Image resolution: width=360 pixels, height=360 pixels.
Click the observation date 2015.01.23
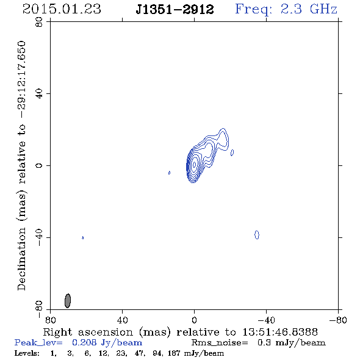[62, 9]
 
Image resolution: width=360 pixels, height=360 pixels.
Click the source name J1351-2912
[175, 10]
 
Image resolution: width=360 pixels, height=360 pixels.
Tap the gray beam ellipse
[68, 301]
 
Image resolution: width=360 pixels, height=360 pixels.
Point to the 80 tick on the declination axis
[39, 22]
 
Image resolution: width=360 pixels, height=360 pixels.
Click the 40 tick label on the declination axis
[39, 94]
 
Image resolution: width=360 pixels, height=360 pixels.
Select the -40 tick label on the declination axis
[39, 237]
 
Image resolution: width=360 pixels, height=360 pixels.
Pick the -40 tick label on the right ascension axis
[266, 320]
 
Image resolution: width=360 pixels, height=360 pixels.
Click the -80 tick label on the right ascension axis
[338, 320]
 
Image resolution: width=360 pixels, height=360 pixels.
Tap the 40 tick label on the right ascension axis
[122, 320]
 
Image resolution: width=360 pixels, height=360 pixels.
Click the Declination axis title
[21, 165]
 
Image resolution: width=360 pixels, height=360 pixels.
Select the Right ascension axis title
[180, 332]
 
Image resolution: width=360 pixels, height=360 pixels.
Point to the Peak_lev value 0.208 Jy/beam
[107, 343]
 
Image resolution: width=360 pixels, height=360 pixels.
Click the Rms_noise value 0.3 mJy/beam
[291, 343]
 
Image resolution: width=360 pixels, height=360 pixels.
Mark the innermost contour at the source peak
[195, 164]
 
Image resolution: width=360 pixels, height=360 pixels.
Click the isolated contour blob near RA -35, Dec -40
[257, 235]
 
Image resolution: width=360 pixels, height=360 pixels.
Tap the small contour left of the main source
[170, 173]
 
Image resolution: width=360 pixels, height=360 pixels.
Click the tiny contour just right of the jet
[232, 153]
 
